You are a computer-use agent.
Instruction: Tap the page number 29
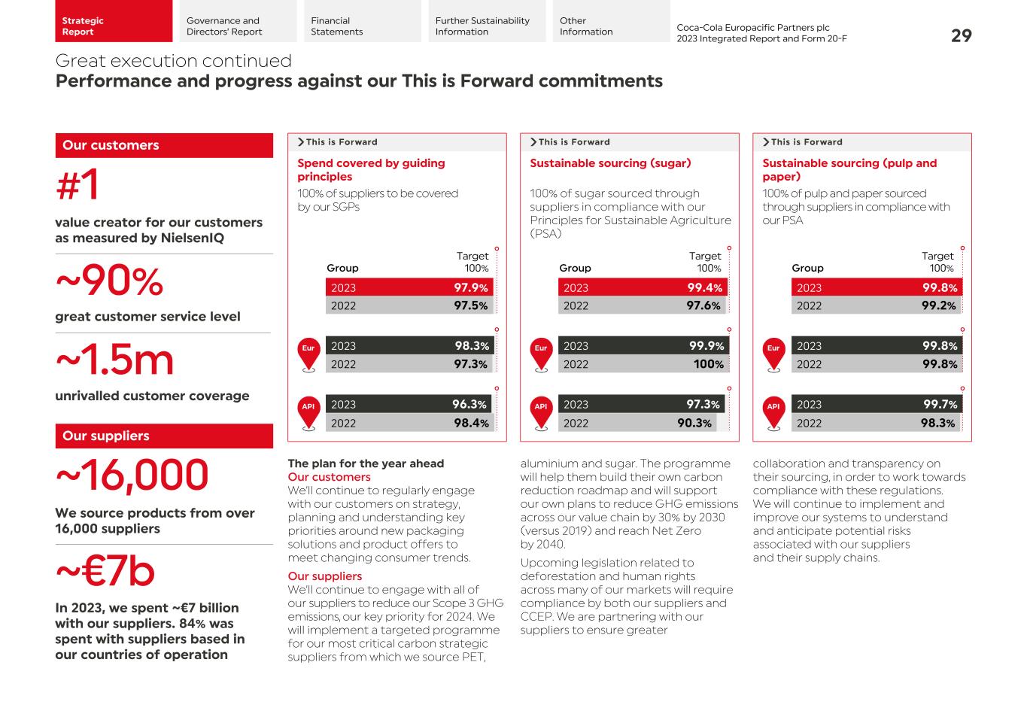[961, 35]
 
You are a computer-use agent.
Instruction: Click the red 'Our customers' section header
[163, 145]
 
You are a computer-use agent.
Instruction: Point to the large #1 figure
[77, 185]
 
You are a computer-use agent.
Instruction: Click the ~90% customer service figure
[110, 282]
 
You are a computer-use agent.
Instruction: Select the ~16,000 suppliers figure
[132, 475]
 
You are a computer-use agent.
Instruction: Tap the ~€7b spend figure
[105, 572]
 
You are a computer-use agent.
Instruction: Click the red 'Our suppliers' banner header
[163, 436]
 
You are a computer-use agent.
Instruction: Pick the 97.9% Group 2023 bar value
[470, 287]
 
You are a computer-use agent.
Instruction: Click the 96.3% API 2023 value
[469, 404]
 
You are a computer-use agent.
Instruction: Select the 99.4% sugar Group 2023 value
[704, 287]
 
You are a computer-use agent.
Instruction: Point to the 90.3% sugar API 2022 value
[694, 423]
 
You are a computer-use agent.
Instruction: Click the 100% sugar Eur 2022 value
[708, 364]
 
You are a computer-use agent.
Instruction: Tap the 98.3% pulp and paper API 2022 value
[937, 423]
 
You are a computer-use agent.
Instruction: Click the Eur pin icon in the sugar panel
[541, 353]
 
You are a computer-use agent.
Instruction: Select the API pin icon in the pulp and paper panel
[773, 412]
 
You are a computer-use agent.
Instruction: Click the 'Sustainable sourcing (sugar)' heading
[610, 163]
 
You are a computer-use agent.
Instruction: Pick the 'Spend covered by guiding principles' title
[371, 170]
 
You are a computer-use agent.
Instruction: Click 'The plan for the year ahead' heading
[366, 463]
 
